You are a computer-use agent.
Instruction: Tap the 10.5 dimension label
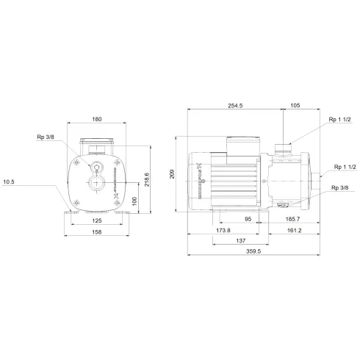[x=10, y=182]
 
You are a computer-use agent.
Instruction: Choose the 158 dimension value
[x=96, y=231]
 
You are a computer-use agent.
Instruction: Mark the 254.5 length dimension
[x=236, y=105]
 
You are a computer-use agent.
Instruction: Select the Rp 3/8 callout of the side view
[x=340, y=189]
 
